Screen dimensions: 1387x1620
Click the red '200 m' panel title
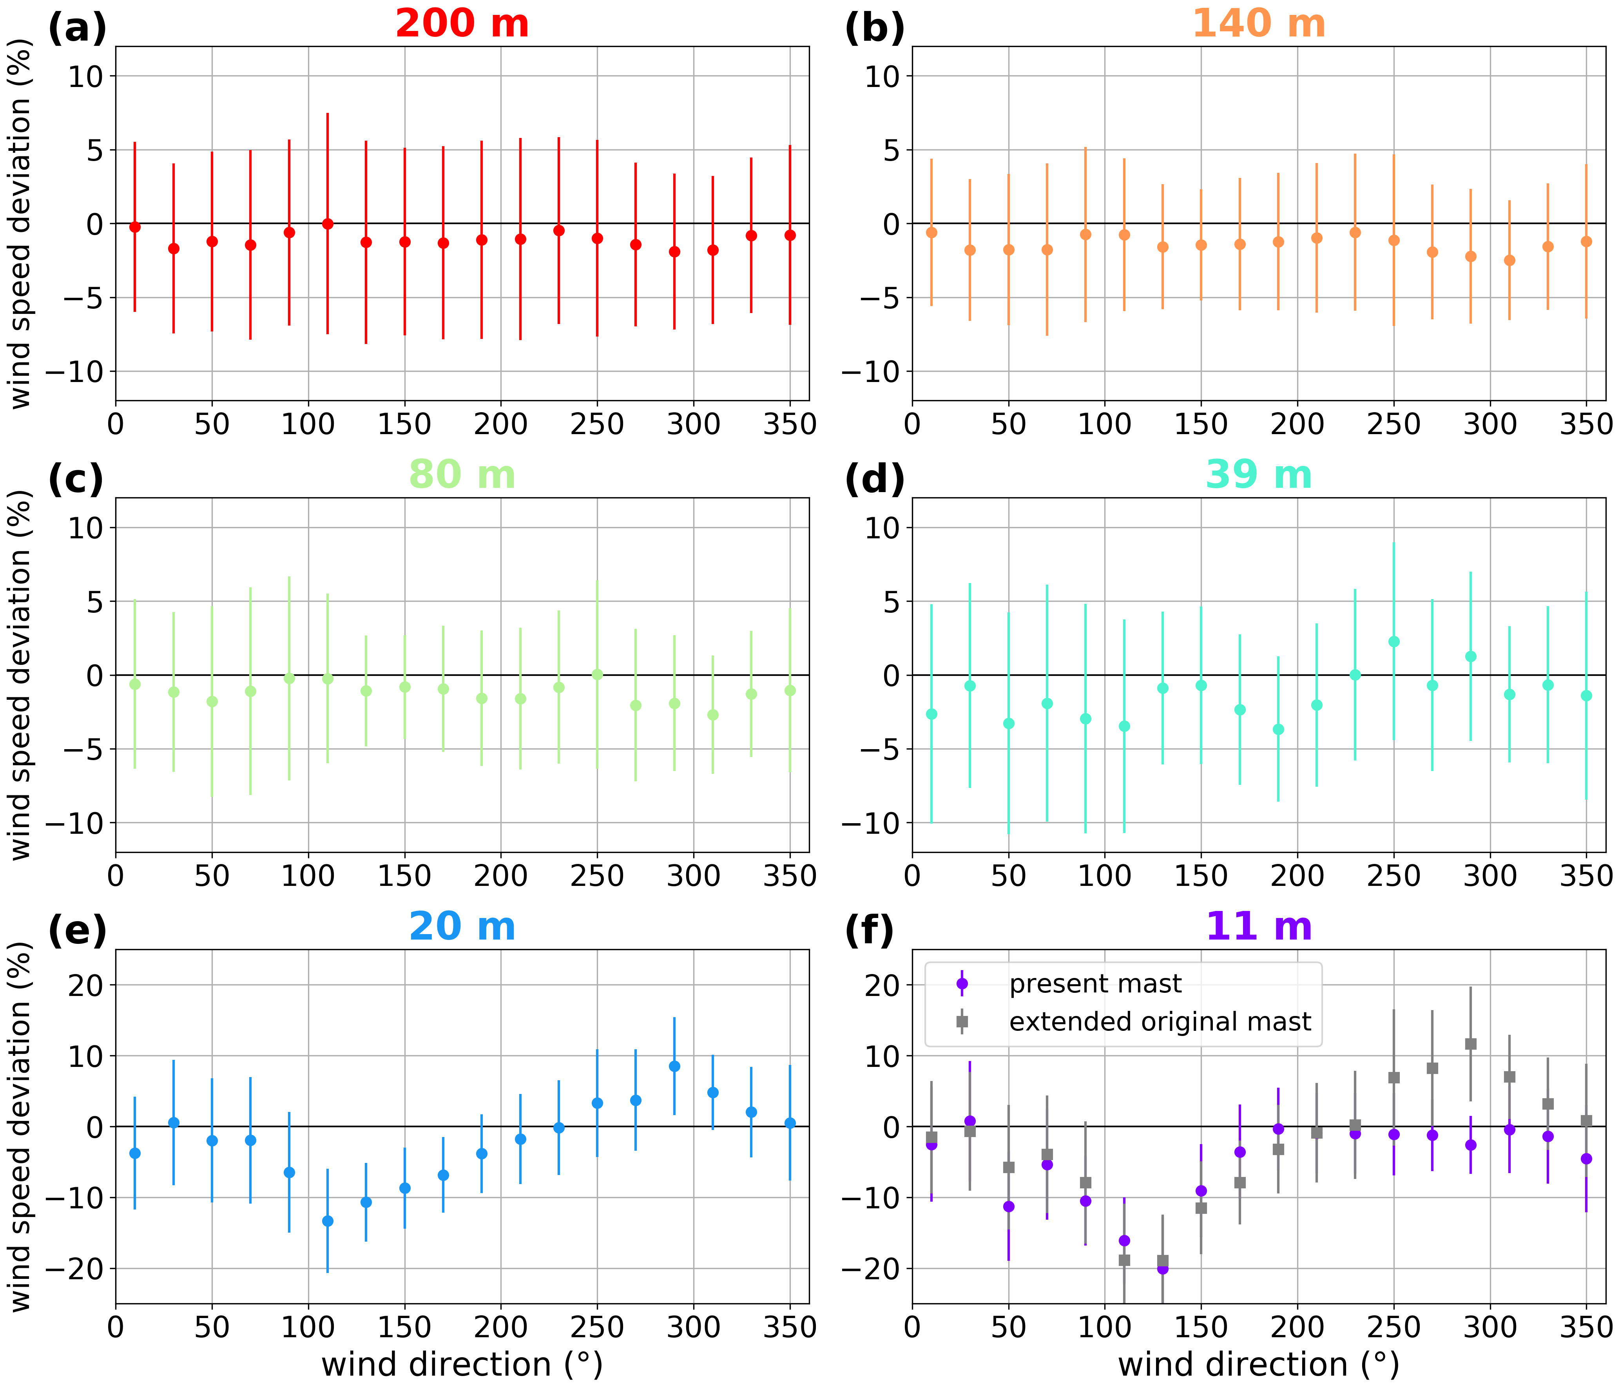pyautogui.click(x=462, y=24)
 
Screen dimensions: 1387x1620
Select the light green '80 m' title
pyautogui.click(x=462, y=474)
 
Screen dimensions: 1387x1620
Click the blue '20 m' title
pyautogui.click(x=462, y=927)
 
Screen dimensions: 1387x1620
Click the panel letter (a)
pyautogui.click(x=77, y=29)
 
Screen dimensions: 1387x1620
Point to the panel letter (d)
pyautogui.click(x=874, y=479)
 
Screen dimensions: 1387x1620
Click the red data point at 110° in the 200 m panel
pyautogui.click(x=328, y=224)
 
